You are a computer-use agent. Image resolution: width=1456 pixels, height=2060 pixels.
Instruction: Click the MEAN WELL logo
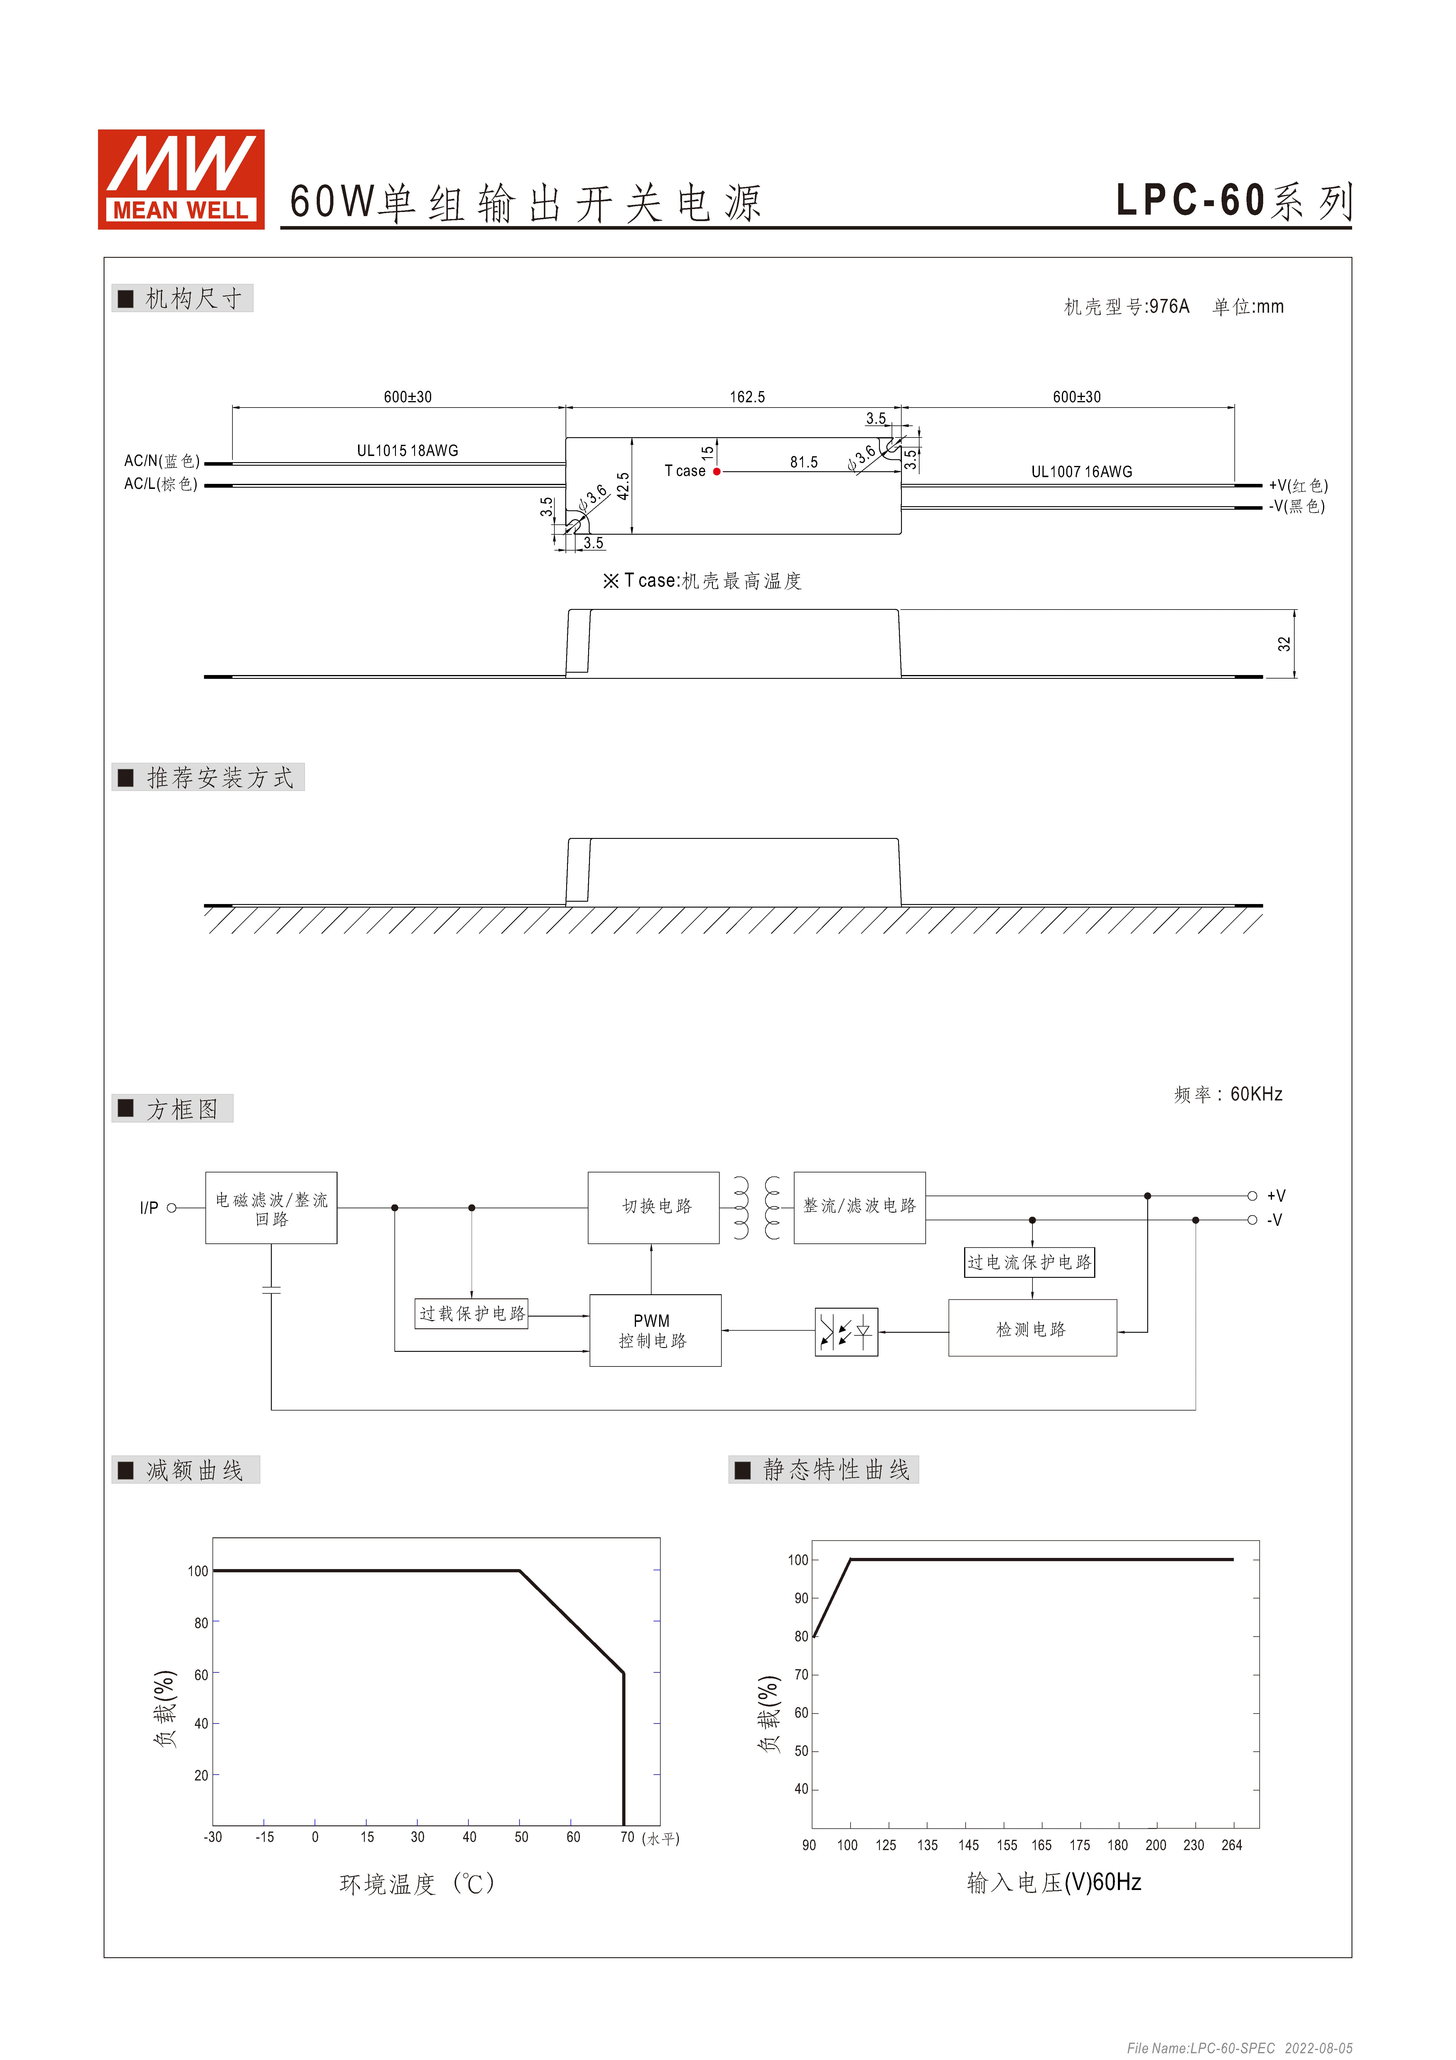coord(181,179)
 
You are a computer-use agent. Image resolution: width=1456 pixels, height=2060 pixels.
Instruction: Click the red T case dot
coord(717,471)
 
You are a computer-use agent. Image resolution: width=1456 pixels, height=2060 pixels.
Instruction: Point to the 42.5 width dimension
coord(623,485)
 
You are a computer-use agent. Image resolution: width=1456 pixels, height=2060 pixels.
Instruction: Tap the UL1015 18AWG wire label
coord(407,450)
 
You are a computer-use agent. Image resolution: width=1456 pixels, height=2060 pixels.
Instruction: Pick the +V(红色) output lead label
coord(1298,485)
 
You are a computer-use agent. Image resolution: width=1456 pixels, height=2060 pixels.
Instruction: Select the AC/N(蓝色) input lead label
coord(162,461)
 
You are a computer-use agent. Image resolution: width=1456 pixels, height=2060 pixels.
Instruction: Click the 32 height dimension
coord(1285,644)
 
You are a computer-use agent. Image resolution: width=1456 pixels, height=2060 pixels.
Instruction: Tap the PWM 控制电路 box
coord(655,1331)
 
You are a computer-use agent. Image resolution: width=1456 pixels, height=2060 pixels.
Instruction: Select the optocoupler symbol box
coord(846,1332)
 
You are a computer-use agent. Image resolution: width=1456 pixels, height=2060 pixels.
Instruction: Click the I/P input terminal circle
coord(171,1208)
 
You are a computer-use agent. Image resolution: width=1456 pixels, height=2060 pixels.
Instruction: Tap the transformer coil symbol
coord(756,1208)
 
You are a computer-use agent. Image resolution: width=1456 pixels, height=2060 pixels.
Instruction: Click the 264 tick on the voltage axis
coord(1232,1845)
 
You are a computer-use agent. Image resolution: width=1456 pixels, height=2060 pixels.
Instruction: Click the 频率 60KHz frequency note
coord(1228,1095)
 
